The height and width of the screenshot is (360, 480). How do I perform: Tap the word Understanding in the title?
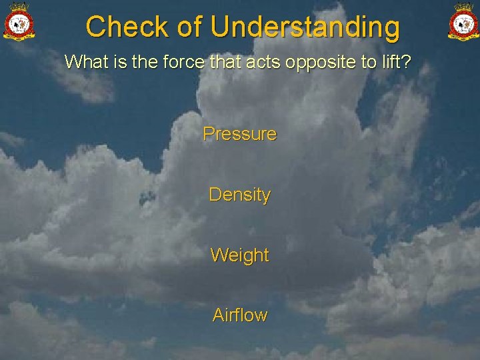pyautogui.click(x=305, y=28)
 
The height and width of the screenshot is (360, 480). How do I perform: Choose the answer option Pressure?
pyautogui.click(x=239, y=134)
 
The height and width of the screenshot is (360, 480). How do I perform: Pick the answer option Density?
pyautogui.click(x=239, y=195)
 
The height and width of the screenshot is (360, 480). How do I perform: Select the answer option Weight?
pyautogui.click(x=239, y=255)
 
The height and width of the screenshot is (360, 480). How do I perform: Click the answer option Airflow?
pyautogui.click(x=239, y=315)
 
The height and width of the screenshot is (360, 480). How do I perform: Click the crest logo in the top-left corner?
pyautogui.click(x=19, y=22)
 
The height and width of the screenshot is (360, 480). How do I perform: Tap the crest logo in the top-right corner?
pyautogui.click(x=462, y=22)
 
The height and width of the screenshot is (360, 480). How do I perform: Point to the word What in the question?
pyautogui.click(x=83, y=63)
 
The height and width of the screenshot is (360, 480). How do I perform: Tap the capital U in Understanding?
pyautogui.click(x=220, y=27)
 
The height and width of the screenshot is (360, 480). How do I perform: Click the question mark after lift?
pyautogui.click(x=406, y=63)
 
